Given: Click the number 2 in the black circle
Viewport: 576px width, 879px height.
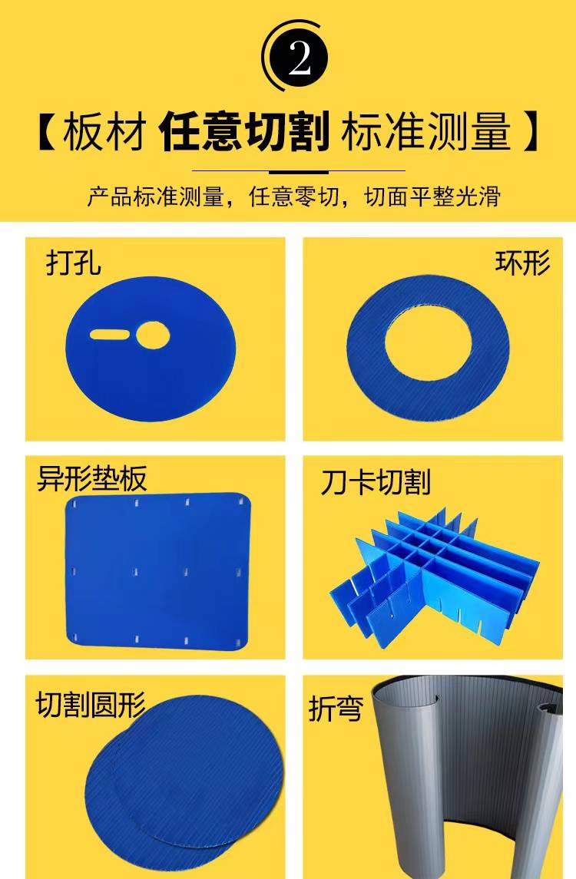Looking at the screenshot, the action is (300, 57).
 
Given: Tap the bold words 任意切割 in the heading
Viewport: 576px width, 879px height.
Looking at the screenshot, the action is (244, 132).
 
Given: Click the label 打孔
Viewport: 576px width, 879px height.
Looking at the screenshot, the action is (74, 262).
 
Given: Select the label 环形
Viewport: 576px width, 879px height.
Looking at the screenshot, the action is (523, 262).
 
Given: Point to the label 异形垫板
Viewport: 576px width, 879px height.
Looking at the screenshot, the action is (92, 478).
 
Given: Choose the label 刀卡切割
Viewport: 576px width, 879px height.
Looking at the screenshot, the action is (376, 482).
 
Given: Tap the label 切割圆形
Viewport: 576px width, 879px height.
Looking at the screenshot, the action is (91, 704).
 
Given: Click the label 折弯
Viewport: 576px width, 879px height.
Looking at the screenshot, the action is (336, 709).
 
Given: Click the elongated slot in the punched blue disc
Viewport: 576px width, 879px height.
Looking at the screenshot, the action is (110, 335).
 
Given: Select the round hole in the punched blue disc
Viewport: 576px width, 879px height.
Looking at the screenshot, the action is (153, 335).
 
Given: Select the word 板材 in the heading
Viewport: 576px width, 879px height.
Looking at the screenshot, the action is (105, 132).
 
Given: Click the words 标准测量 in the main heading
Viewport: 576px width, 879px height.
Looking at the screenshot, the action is (426, 132).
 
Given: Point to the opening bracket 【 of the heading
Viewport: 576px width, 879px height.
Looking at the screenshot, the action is (47, 132).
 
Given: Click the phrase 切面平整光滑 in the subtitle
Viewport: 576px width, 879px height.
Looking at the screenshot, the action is (432, 197).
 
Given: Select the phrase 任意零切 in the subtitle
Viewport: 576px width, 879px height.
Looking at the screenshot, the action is (294, 197).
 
